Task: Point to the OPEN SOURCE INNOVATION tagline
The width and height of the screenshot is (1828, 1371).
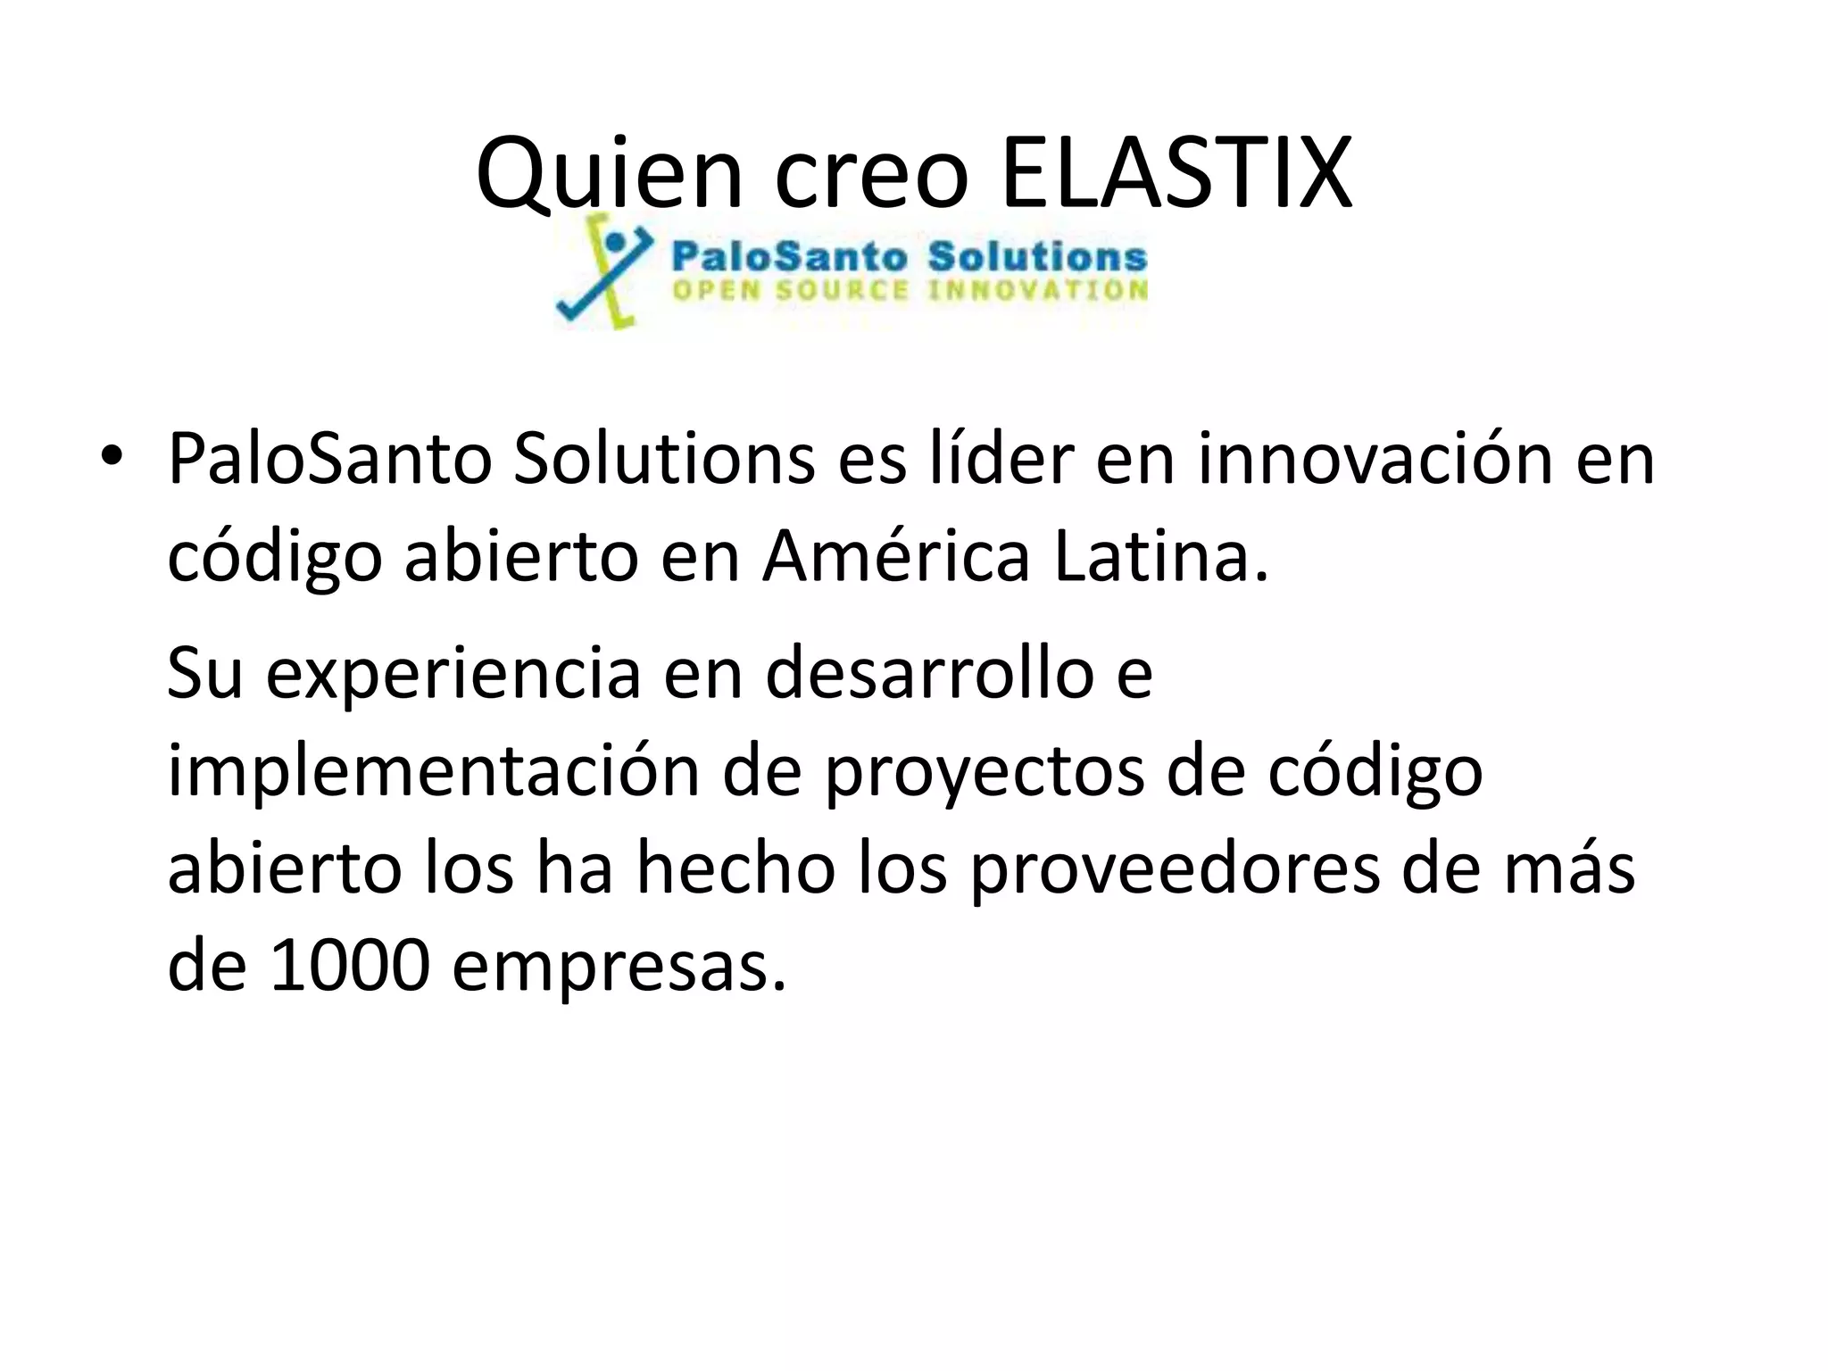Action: click(x=909, y=291)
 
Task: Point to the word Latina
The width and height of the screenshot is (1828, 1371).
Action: click(x=1160, y=557)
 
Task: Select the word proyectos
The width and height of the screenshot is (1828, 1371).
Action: click(x=983, y=773)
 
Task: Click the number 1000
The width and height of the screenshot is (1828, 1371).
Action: click(x=350, y=968)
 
